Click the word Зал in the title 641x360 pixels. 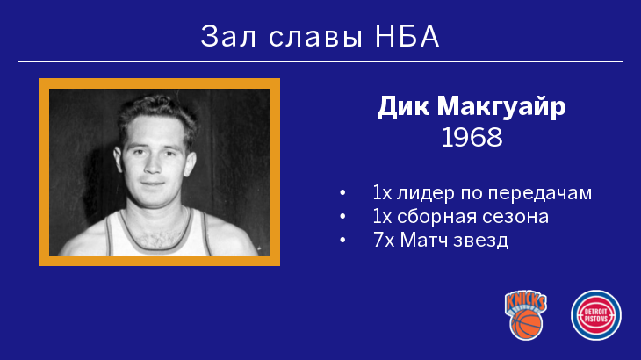tap(228, 36)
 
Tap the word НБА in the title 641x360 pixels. tap(407, 36)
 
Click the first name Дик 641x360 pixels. tap(403, 106)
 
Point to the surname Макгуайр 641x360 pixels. tap(501, 106)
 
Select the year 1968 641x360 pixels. tap(472, 137)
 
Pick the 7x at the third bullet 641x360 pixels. tap(384, 241)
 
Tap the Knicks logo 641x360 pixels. tap(526, 315)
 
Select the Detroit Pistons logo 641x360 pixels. tap(596, 315)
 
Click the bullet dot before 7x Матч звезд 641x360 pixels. tap(342, 241)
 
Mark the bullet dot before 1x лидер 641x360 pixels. tap(342, 193)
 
